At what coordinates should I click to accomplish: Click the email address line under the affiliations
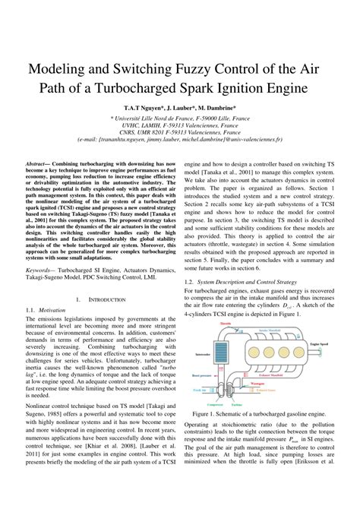click(179, 141)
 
